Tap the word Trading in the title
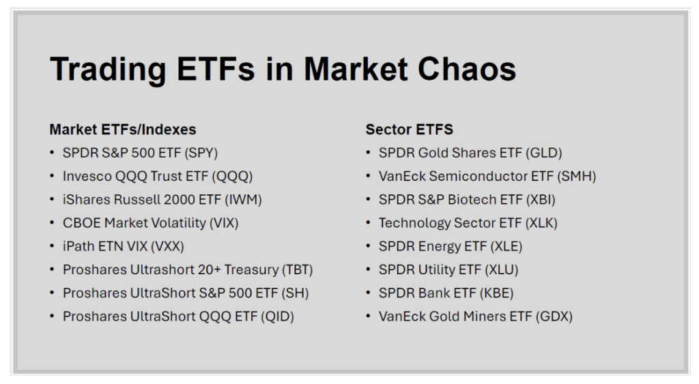tap(107, 70)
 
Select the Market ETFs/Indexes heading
tap(123, 129)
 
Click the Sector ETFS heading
tap(410, 129)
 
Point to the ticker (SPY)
tap(201, 153)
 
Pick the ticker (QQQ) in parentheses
tap(232, 177)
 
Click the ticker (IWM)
tap(244, 200)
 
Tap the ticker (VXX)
tap(167, 246)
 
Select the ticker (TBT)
tap(297, 269)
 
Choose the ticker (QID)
tap(277, 316)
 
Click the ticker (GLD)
tap(544, 153)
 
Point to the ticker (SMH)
tap(576, 177)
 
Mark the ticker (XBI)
tap(541, 200)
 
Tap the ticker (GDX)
tap(554, 316)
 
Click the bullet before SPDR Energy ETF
tap(368, 246)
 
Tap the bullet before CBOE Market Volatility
tap(52, 223)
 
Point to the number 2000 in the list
tap(178, 200)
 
